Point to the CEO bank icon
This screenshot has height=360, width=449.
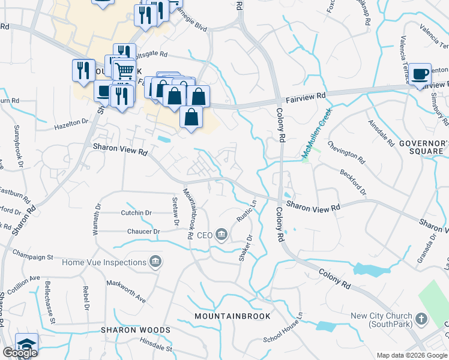click(221, 234)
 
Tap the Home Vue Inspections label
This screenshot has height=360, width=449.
click(104, 262)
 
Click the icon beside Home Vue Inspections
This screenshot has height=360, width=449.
click(155, 262)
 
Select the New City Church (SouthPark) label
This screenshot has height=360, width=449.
click(382, 320)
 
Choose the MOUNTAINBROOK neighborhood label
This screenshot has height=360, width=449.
click(232, 316)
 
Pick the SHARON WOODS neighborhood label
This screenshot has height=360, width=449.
click(135, 330)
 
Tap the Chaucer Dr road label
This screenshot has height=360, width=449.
click(143, 231)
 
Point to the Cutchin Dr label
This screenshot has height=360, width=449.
click(136, 213)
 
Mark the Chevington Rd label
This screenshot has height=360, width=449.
click(346, 152)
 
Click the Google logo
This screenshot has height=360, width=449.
click(20, 353)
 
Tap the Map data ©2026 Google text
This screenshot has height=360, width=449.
click(411, 355)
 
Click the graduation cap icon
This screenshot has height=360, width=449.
click(26, 344)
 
